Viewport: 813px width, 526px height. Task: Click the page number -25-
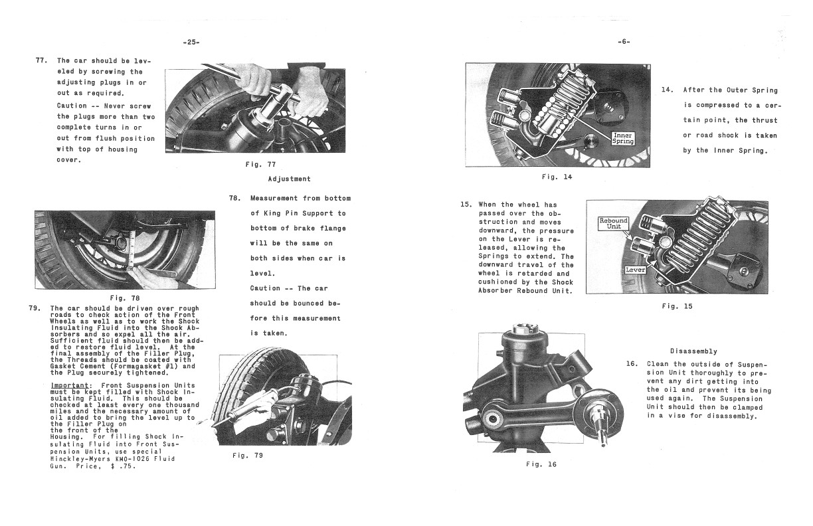(x=191, y=42)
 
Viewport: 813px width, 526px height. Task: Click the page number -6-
(x=623, y=42)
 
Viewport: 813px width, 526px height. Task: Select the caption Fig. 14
(x=556, y=177)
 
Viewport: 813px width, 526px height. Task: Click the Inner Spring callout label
(x=624, y=139)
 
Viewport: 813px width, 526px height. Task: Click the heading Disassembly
(x=693, y=351)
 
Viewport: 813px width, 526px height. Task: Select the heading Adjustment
(x=289, y=179)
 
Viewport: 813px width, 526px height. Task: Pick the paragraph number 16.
(x=632, y=364)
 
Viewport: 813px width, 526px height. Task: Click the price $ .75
(x=124, y=466)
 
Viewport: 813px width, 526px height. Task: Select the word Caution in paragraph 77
(x=72, y=106)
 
